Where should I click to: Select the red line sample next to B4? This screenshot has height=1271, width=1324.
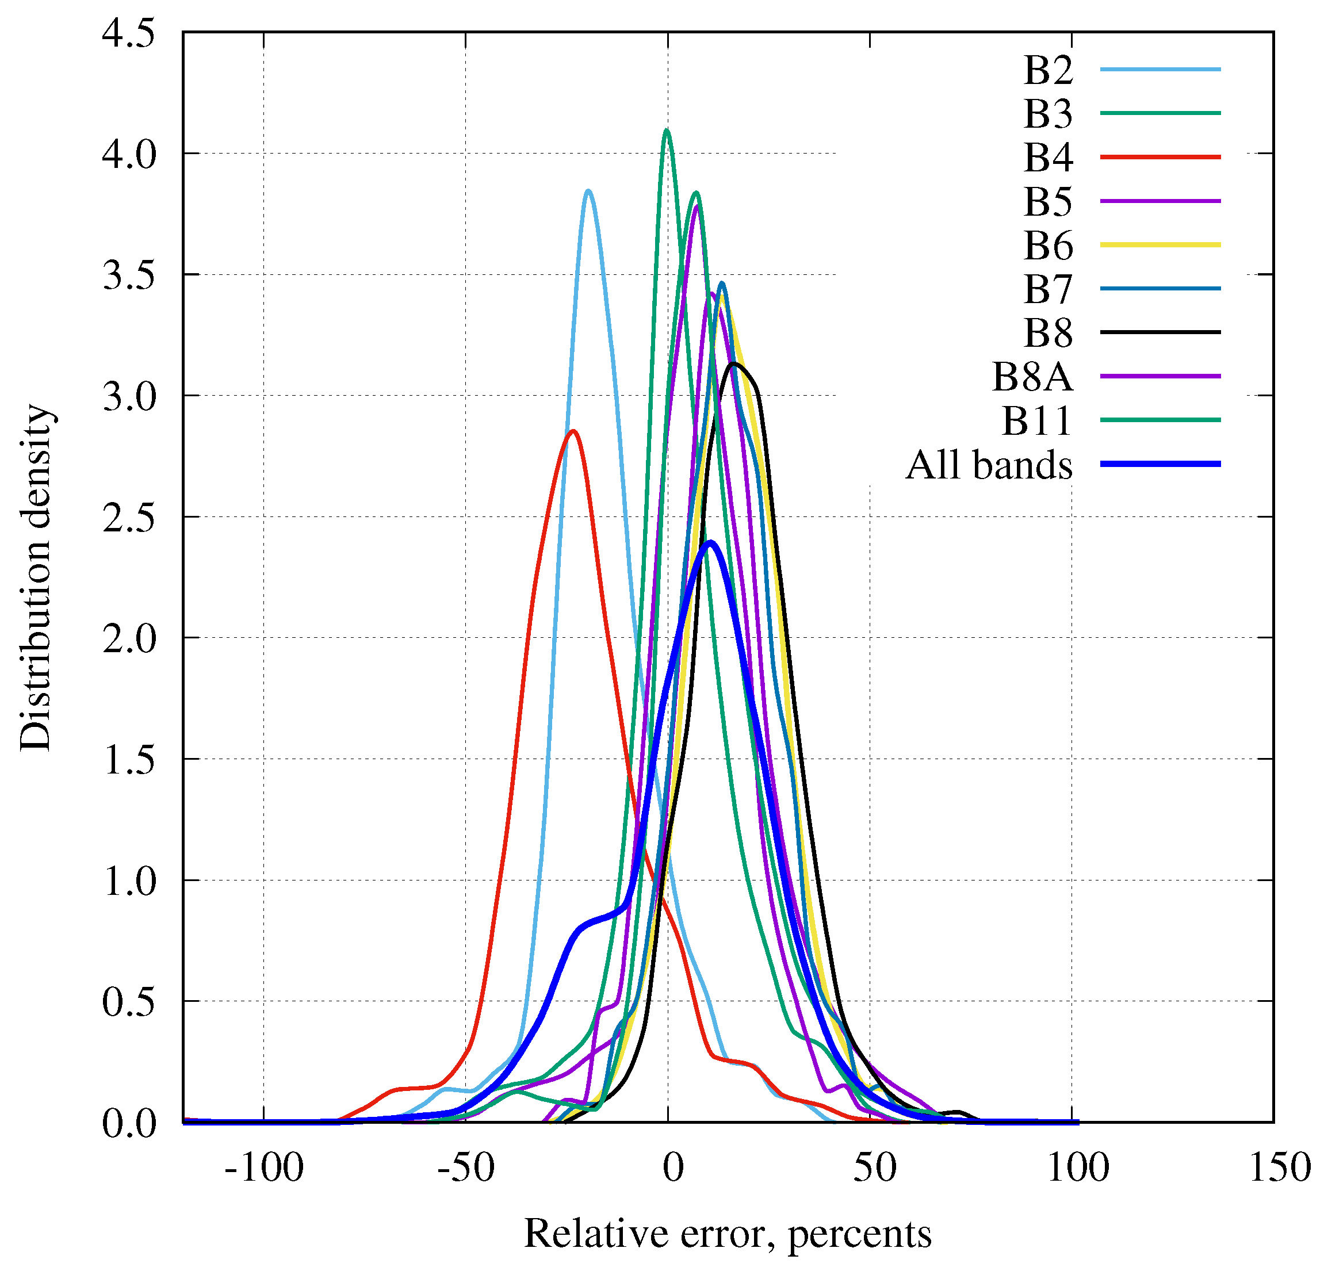(x=1160, y=156)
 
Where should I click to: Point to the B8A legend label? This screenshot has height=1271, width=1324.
(x=1031, y=376)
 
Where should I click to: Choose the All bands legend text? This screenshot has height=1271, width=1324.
(x=988, y=465)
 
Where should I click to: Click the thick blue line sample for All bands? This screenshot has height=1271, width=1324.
(x=1160, y=464)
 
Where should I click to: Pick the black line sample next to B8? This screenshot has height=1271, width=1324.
(x=1160, y=332)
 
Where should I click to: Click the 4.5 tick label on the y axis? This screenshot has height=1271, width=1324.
(x=128, y=32)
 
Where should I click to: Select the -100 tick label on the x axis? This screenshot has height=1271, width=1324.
(x=263, y=1167)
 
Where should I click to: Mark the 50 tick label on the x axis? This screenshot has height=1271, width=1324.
(x=874, y=1167)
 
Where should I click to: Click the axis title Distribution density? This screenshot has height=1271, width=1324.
(x=35, y=577)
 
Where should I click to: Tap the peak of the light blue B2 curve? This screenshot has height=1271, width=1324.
(x=588, y=191)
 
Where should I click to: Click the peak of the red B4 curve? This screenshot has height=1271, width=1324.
(x=573, y=431)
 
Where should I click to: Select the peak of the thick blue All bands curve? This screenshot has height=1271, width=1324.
(x=710, y=542)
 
